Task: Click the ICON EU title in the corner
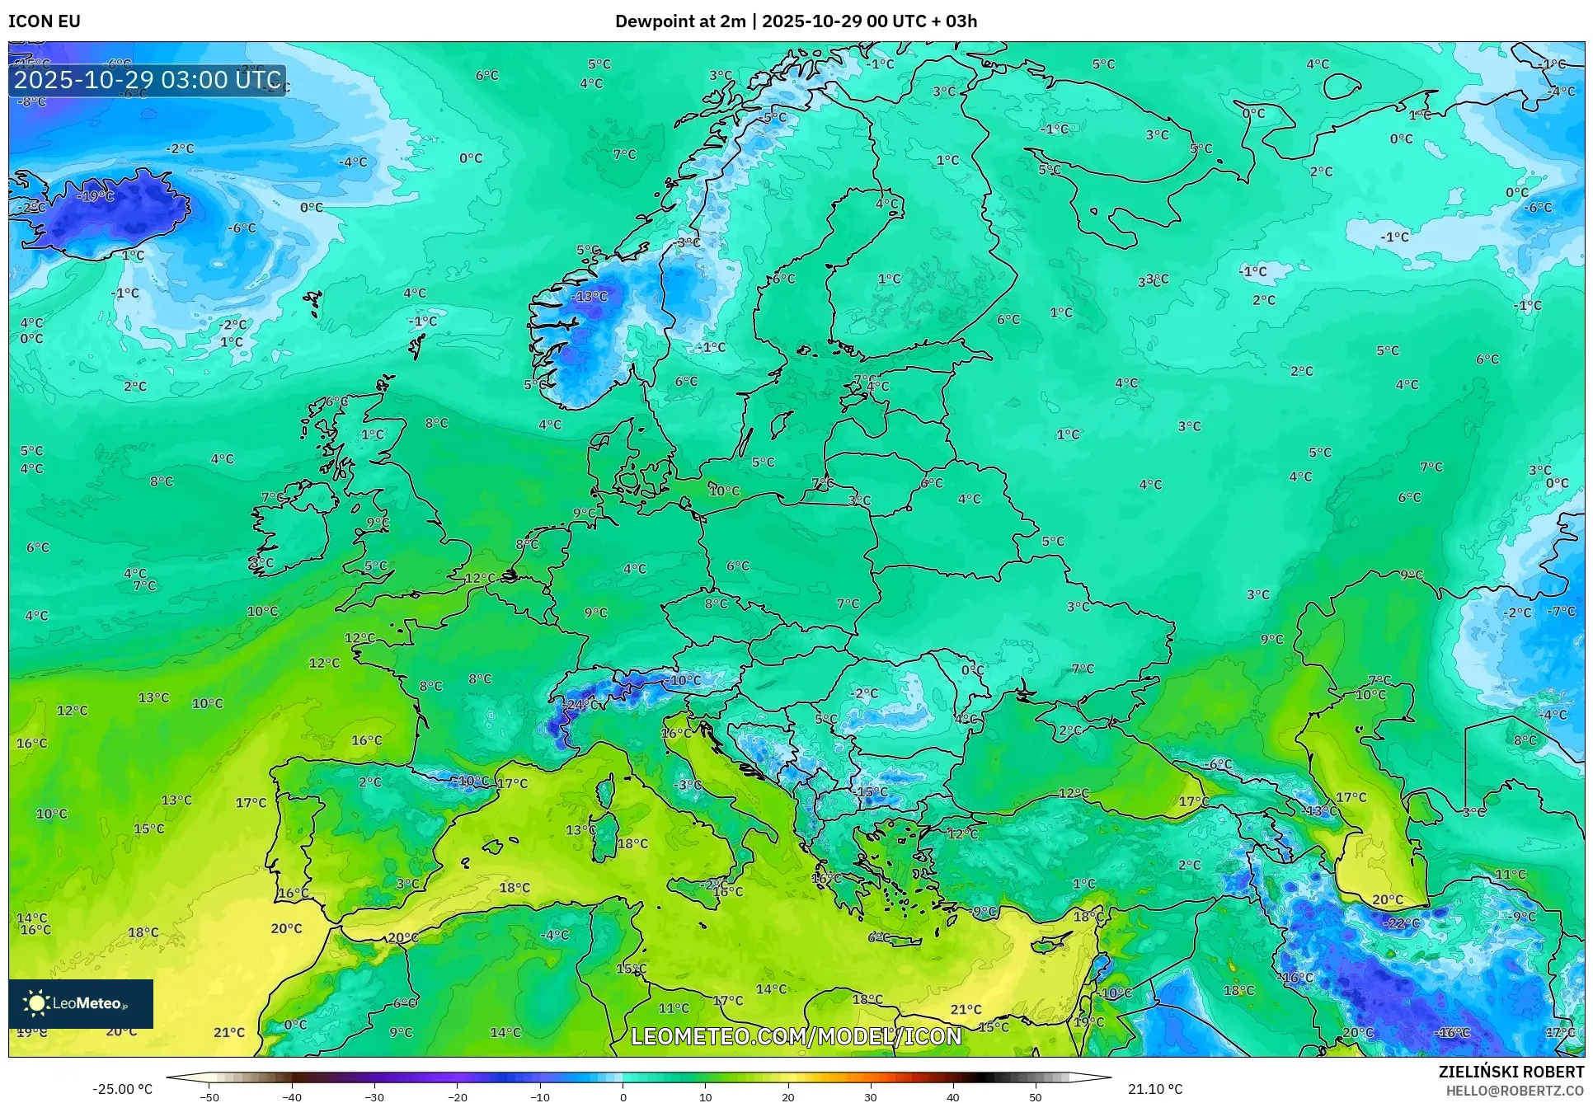point(45,21)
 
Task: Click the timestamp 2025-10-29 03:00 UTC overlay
point(148,80)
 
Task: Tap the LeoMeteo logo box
point(81,1003)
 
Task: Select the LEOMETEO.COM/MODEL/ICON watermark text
point(796,1036)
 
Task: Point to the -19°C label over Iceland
point(96,196)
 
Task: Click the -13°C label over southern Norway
point(590,296)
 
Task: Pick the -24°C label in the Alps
point(581,705)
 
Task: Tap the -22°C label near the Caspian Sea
point(1400,923)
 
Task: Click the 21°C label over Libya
point(966,1009)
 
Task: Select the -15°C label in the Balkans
point(871,791)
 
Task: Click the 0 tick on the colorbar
point(623,1096)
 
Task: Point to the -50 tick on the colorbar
point(209,1096)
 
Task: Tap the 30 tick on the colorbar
point(871,1096)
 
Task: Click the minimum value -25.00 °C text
point(122,1089)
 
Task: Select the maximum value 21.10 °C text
point(1154,1089)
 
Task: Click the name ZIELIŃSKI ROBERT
point(1511,1072)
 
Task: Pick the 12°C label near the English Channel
point(480,578)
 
